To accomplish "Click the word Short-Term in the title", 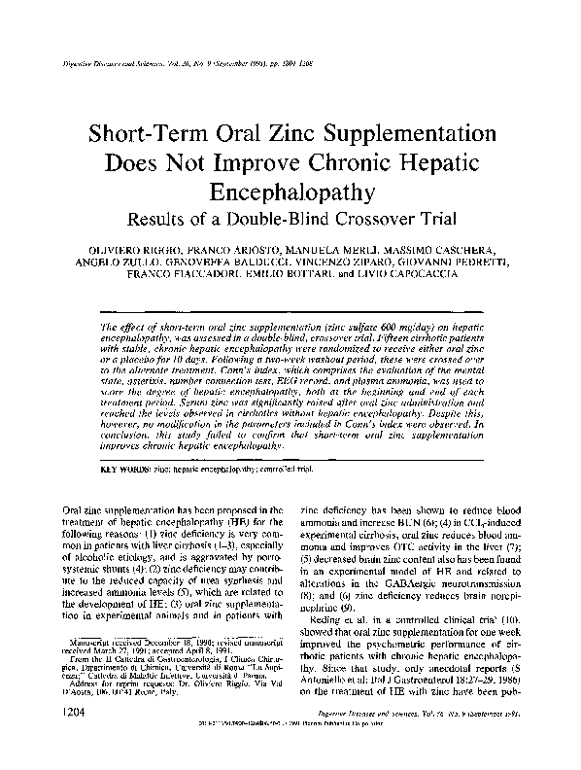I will tap(176, 133).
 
